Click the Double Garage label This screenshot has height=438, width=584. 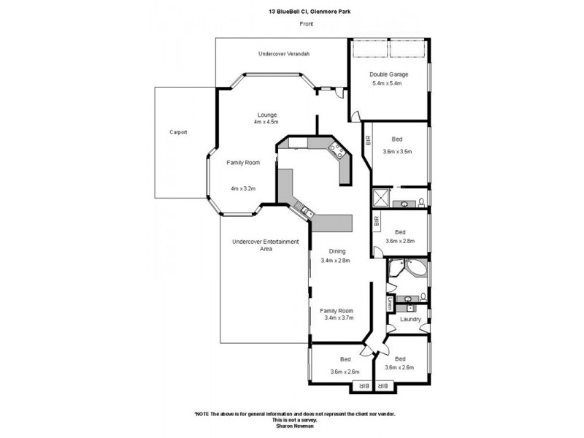coord(388,74)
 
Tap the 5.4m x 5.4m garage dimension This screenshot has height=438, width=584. coord(388,83)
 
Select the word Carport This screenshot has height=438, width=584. coord(178,132)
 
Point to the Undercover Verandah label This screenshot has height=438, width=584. coord(284,54)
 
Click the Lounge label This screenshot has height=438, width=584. coord(266,114)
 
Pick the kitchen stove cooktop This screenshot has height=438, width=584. coord(338,152)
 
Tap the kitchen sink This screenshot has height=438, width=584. coord(306,212)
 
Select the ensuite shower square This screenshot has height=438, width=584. coord(380,198)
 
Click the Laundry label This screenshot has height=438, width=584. coord(410,319)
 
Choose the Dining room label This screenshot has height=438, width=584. coord(337,251)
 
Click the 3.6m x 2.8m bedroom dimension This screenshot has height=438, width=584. coord(399,241)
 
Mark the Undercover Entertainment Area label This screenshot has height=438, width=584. coord(265,245)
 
